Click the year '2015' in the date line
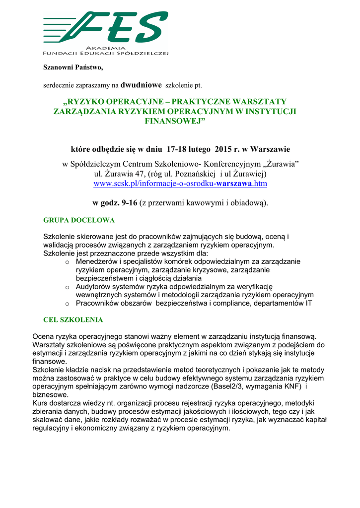[224, 149]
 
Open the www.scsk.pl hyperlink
[180, 184]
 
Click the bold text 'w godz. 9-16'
[115, 202]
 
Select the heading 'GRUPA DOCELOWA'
[79, 219]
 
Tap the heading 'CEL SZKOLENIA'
[73, 320]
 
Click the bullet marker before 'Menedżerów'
[67, 262]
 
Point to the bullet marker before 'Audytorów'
[67, 287]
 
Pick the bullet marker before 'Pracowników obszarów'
[67, 304]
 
